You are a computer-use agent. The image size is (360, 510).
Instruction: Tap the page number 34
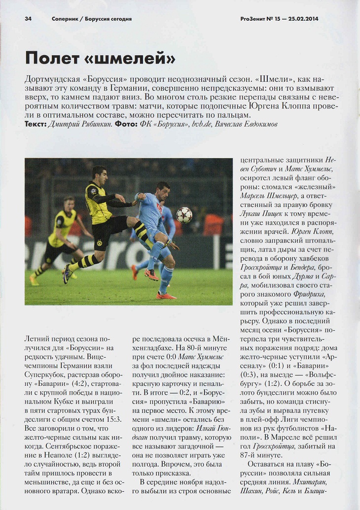click(x=28, y=19)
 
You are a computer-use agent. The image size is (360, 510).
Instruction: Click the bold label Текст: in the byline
click(x=36, y=125)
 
